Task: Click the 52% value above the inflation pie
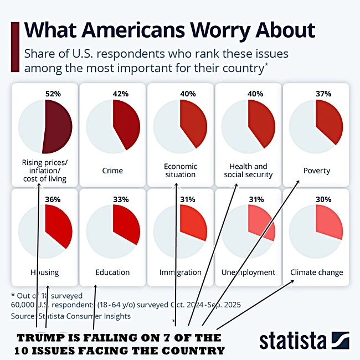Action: (53, 94)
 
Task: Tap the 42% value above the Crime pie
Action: (121, 94)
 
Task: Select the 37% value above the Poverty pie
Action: (323, 94)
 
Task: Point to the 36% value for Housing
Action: (53, 199)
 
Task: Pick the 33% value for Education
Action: (121, 199)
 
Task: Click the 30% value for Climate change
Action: (323, 199)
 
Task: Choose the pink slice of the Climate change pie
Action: (328, 222)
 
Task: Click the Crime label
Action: (112, 171)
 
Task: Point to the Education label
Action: (112, 272)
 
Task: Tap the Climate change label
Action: (316, 272)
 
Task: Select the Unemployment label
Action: (248, 272)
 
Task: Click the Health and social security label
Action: (248, 171)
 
